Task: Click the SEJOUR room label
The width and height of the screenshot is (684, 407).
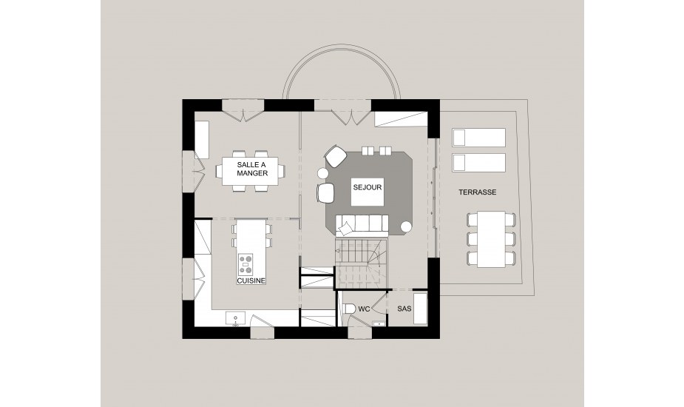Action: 368,187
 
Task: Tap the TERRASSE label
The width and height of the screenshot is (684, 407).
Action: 477,192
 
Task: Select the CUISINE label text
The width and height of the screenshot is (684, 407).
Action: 251,280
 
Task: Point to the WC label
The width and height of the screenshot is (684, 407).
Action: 364,309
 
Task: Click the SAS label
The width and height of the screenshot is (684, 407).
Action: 404,309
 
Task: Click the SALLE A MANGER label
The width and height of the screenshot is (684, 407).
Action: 252,169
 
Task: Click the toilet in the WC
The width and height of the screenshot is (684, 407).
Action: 348,309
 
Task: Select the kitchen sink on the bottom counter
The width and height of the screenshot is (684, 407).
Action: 236,318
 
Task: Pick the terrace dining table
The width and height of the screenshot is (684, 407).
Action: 491,239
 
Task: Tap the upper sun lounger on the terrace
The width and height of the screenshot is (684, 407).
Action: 478,138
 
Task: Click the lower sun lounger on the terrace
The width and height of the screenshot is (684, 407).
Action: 478,163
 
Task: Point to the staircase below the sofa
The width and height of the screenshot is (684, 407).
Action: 361,263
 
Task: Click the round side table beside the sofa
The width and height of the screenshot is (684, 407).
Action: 406,226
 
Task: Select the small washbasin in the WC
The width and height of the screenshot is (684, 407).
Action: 379,323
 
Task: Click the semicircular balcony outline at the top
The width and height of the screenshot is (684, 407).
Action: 341,45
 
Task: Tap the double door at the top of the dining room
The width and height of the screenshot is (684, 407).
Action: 243,111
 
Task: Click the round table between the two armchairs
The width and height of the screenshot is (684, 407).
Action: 323,173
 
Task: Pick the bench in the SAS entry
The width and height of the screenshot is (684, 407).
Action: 420,309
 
